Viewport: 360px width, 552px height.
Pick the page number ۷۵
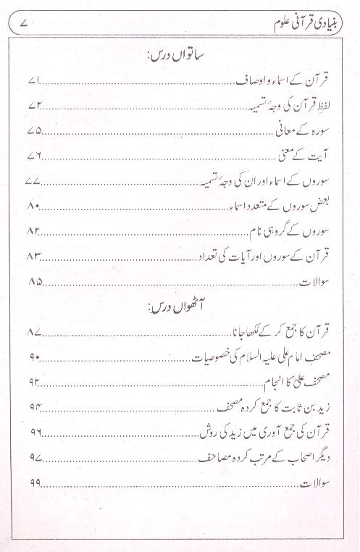(x=35, y=131)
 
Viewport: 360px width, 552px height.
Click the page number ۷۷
(x=34, y=181)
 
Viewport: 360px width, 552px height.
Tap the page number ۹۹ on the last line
(x=35, y=484)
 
